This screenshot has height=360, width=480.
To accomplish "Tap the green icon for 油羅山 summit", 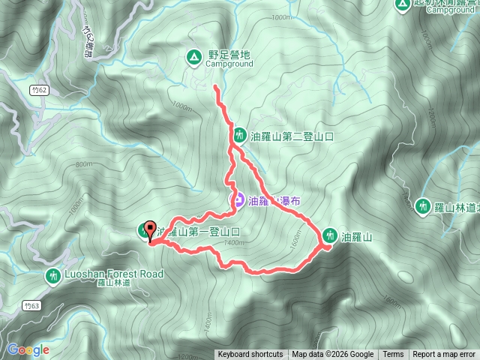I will pos(328,236).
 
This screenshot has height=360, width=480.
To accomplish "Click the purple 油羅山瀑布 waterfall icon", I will pos(235,199).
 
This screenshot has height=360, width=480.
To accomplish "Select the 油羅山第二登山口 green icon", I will pos(239,136).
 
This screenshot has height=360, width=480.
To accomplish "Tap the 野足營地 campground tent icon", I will pos(193,55).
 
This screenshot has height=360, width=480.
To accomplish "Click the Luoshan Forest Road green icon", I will pos(52,275).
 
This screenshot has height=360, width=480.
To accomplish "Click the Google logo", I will pos(28,349).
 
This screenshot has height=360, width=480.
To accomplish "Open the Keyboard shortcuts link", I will pos(250,355).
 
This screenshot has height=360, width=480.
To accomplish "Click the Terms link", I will pos(393,355).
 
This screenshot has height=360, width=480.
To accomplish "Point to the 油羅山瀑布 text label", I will pos(275,200).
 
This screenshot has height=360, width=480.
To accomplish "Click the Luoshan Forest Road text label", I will pos(115,274).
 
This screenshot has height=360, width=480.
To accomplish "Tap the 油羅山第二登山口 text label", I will pos(292,136).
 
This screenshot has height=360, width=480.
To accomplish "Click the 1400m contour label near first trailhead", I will pos(233,242).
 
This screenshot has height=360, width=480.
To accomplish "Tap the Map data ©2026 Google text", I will pos(332,355).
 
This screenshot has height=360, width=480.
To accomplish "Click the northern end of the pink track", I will pos(216,87).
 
